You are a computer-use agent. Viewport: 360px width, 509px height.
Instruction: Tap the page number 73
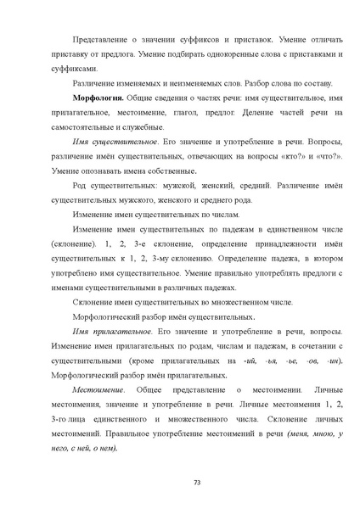(x=196, y=482)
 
